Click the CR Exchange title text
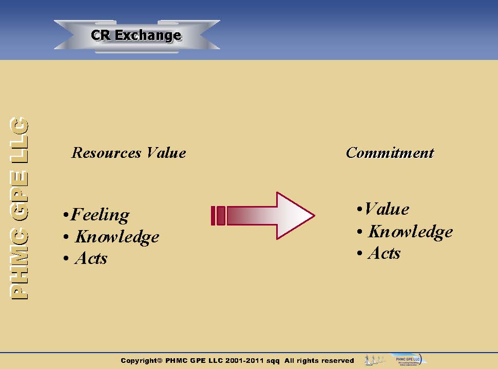click(x=136, y=35)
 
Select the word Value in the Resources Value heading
click(x=166, y=153)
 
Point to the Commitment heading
click(x=390, y=153)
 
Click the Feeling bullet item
click(x=100, y=215)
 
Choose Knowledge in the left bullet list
click(x=117, y=237)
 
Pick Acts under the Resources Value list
click(x=91, y=258)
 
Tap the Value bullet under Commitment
click(x=386, y=209)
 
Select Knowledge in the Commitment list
click(x=410, y=232)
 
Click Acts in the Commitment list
click(x=384, y=253)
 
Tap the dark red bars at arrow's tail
click(x=218, y=216)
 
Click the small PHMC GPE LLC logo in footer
click(x=406, y=360)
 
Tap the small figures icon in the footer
click(x=374, y=360)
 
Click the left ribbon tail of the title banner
click(x=65, y=35)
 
